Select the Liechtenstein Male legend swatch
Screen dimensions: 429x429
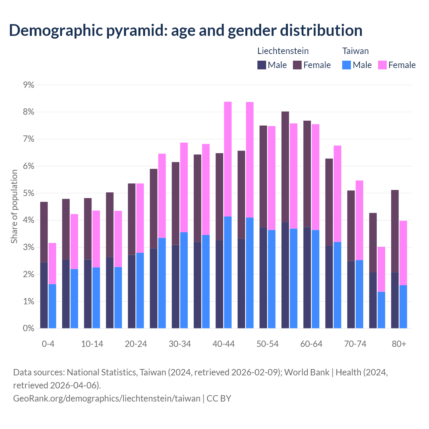[x=262, y=65]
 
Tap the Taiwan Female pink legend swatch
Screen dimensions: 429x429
[x=382, y=65]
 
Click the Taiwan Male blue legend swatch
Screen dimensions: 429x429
[x=347, y=65]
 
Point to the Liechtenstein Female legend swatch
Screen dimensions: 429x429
[x=298, y=65]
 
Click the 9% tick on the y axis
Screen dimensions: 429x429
[x=28, y=85]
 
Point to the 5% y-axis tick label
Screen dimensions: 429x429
[x=28, y=193]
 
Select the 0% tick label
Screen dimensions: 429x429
[x=28, y=328]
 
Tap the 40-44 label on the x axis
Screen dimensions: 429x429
[x=224, y=344]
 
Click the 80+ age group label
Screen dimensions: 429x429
[x=399, y=344]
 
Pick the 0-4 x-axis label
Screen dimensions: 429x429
[x=48, y=344]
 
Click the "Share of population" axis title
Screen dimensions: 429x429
[x=14, y=206]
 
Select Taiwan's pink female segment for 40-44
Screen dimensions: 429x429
[x=228, y=159]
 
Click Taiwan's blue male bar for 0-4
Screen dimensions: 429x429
[x=52, y=306]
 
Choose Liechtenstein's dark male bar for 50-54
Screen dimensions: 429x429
[x=263, y=278]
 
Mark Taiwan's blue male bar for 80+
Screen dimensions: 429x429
[x=403, y=307]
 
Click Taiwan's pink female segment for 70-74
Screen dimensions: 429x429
[x=359, y=220]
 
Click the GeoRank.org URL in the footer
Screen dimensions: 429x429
[x=107, y=399]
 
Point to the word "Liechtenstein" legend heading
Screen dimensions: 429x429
[x=283, y=51]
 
